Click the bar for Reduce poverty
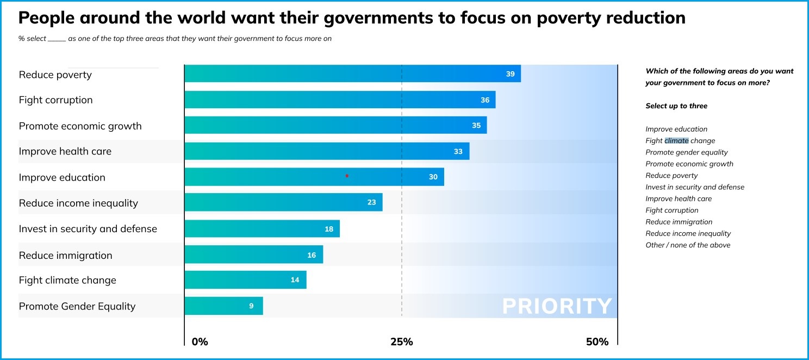pyautogui.click(x=352, y=74)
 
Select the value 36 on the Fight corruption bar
pyautogui.click(x=484, y=100)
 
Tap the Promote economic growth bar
pyautogui.click(x=335, y=126)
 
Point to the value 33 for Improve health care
pyautogui.click(x=458, y=152)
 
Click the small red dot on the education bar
pyautogui.click(x=347, y=176)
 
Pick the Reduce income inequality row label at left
pyautogui.click(x=78, y=203)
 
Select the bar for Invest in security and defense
pyautogui.click(x=262, y=229)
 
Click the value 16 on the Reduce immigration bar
pyautogui.click(x=312, y=255)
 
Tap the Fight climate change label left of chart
pyautogui.click(x=67, y=281)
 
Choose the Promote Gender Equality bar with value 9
pyautogui.click(x=223, y=306)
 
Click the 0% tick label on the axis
pyautogui.click(x=200, y=342)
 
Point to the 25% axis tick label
pyautogui.click(x=401, y=342)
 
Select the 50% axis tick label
pyautogui.click(x=597, y=342)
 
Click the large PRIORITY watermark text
pyautogui.click(x=557, y=307)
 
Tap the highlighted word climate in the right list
pyautogui.click(x=676, y=141)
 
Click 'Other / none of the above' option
pyautogui.click(x=688, y=245)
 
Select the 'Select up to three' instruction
pyautogui.click(x=676, y=106)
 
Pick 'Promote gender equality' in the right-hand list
pyautogui.click(x=686, y=152)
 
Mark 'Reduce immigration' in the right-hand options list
pyautogui.click(x=679, y=222)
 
